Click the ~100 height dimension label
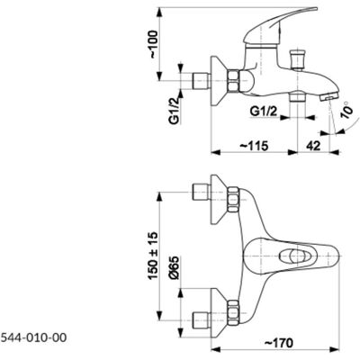coord(153,44)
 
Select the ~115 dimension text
coord(254,146)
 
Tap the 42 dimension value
coord(313,146)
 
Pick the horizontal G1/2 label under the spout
coord(264,112)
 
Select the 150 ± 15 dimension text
coord(153,256)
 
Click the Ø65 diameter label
coord(175,268)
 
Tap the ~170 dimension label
coord(278,343)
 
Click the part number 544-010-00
coord(33,338)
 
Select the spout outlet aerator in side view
coord(329,96)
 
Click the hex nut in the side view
coord(234,81)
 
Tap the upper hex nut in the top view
coord(234,200)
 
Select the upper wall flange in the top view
coord(220,200)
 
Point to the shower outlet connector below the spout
coord(297,97)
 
